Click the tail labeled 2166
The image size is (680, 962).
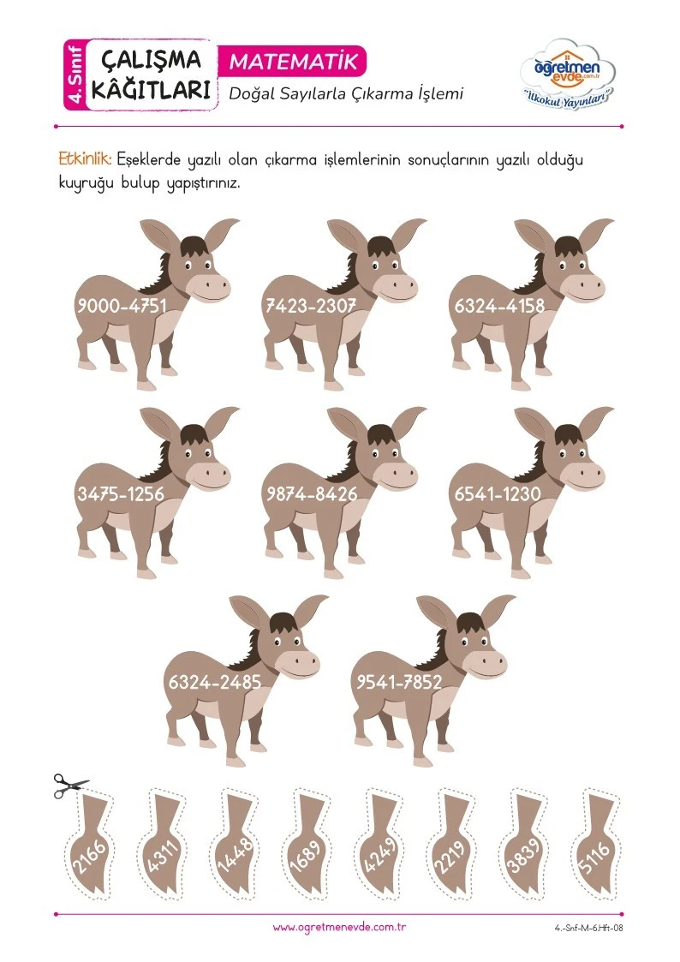pyautogui.click(x=92, y=850)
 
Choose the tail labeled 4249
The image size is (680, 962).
pyautogui.click(x=380, y=850)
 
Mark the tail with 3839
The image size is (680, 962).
pyautogui.click(x=525, y=850)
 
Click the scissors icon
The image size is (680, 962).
pyautogui.click(x=70, y=786)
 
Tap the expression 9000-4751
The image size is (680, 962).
pyautogui.click(x=122, y=305)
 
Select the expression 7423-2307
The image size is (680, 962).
pyautogui.click(x=310, y=305)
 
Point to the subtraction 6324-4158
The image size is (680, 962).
pyautogui.click(x=498, y=305)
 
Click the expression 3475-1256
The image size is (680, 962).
pyautogui.click(x=121, y=493)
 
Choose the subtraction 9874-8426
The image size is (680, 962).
pyautogui.click(x=311, y=493)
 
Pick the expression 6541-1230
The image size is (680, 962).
pyautogui.click(x=498, y=493)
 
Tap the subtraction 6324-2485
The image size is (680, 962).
pyautogui.click(x=215, y=682)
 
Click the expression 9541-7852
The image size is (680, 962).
pyautogui.click(x=399, y=682)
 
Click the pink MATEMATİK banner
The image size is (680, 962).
pyautogui.click(x=293, y=62)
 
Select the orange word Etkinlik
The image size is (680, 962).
pyautogui.click(x=85, y=159)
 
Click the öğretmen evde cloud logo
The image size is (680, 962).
pyautogui.click(x=567, y=75)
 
